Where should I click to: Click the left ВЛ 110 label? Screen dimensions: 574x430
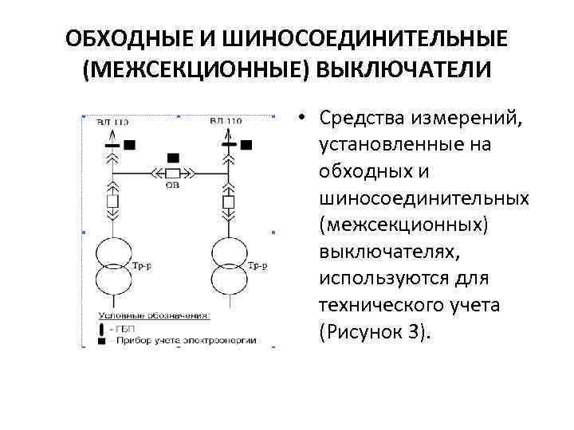[x=112, y=121]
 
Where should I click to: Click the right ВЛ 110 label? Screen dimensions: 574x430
[x=226, y=121]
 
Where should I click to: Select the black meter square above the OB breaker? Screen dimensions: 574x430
[x=171, y=157]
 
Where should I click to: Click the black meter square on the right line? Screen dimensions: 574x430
[x=246, y=144]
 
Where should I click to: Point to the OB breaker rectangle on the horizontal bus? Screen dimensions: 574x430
[x=171, y=173]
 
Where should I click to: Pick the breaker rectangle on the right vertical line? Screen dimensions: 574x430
[x=230, y=201]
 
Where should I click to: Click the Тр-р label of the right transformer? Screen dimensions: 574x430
[x=257, y=264]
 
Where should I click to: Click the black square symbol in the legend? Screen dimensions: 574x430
[x=101, y=340]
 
